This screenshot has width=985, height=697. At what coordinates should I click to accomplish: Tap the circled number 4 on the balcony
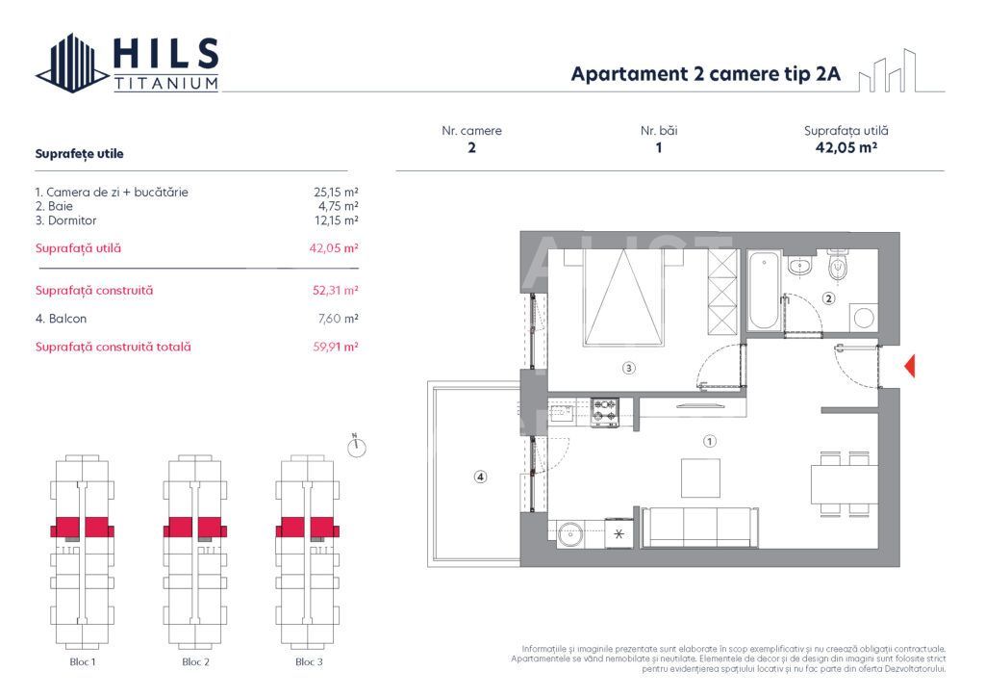pyautogui.click(x=480, y=476)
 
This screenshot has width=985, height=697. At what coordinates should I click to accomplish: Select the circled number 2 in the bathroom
pyautogui.click(x=829, y=298)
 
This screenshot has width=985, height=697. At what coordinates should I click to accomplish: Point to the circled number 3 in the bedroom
pyautogui.click(x=628, y=367)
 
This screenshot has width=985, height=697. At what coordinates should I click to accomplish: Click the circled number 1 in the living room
pyautogui.click(x=709, y=442)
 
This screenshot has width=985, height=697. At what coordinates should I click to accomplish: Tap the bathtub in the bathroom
pyautogui.click(x=765, y=290)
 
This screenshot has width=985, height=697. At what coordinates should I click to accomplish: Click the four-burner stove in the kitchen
pyautogui.click(x=605, y=413)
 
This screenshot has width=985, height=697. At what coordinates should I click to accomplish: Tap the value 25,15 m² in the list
pyautogui.click(x=338, y=192)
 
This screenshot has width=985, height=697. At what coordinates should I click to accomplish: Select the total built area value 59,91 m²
pyautogui.click(x=338, y=347)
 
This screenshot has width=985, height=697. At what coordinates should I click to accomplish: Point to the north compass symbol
pyautogui.click(x=357, y=447)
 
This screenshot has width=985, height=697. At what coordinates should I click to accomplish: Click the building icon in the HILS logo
pyautogui.click(x=72, y=64)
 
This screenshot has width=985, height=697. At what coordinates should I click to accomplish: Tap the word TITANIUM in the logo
pyautogui.click(x=165, y=84)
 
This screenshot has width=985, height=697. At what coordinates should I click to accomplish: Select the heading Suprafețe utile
pyautogui.click(x=79, y=153)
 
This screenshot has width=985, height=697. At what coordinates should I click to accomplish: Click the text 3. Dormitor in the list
pyautogui.click(x=65, y=220)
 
